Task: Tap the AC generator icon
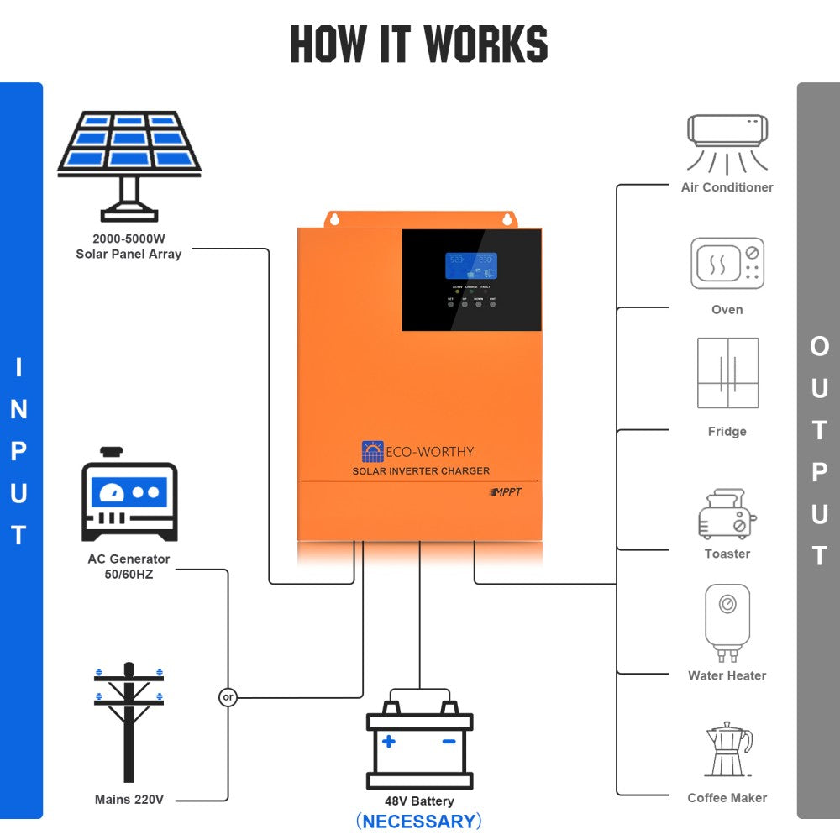click(x=129, y=496)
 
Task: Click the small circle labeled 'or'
click(x=228, y=697)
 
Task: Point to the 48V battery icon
click(x=419, y=743)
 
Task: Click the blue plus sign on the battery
click(x=388, y=742)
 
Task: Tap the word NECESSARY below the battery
click(x=419, y=821)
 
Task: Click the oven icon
click(x=727, y=263)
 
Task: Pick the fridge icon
click(x=727, y=374)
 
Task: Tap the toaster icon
click(x=727, y=514)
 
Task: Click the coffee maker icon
click(x=727, y=749)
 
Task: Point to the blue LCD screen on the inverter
click(x=470, y=265)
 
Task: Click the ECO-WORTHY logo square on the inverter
click(x=372, y=452)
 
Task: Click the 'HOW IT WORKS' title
click(x=419, y=45)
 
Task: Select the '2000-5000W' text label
click(x=129, y=238)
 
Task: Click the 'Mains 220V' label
click(x=129, y=800)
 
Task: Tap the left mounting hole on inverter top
click(x=334, y=219)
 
